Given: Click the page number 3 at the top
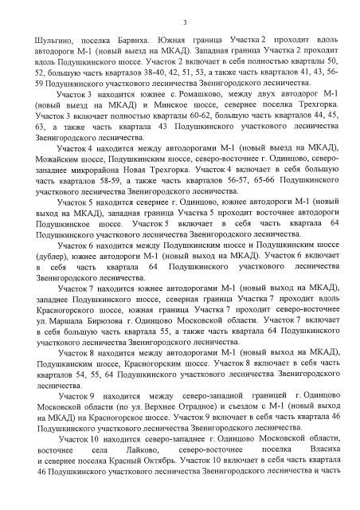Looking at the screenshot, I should pos(184,22).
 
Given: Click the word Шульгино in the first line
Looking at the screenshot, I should pos(52,38).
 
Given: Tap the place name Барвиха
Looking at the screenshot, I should pos(131,38).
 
